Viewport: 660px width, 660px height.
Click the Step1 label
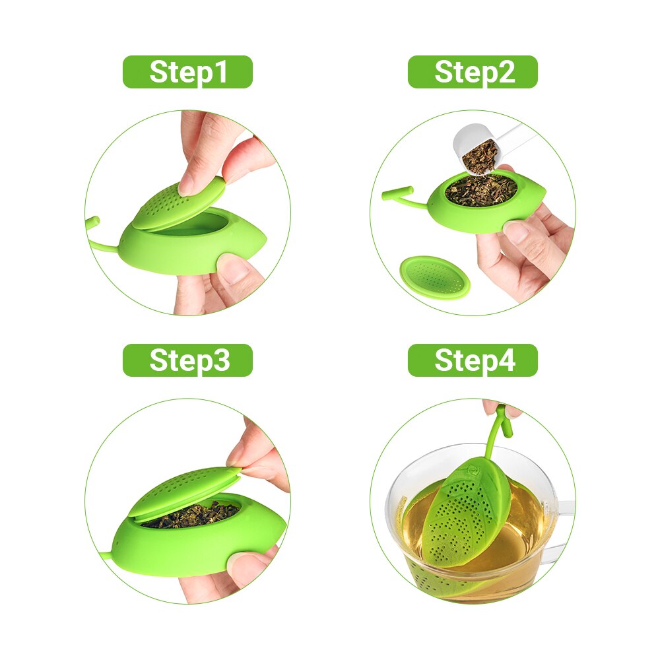187,72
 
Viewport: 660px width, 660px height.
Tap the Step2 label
473,72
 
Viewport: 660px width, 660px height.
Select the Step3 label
187,360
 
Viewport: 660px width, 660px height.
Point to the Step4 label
473,360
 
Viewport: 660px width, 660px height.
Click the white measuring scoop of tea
484,148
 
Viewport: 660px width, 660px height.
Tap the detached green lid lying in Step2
434,279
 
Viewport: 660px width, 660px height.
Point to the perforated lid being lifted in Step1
179,204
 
